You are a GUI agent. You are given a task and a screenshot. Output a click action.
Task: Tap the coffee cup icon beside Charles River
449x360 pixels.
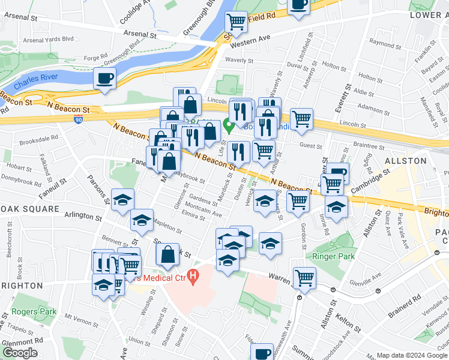click(105, 79)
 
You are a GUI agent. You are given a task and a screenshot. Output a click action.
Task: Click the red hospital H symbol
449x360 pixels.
click(193, 277)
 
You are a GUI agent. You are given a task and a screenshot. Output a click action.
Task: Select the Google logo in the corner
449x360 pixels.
click(20, 353)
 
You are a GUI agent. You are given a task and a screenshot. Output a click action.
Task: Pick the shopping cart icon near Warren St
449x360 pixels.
click(304, 277)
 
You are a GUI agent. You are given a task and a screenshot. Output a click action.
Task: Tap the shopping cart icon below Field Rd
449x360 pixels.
click(237, 22)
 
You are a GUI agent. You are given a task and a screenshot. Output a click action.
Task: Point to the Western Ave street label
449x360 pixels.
click(250, 42)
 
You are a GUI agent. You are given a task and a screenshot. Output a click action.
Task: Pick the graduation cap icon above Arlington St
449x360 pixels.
click(123, 199)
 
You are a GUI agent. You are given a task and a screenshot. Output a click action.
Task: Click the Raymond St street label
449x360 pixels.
click(385, 43)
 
